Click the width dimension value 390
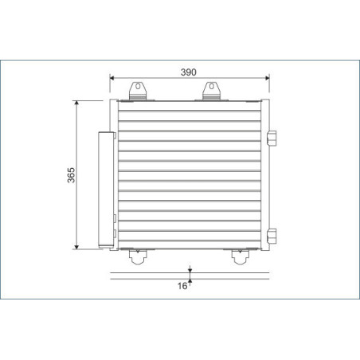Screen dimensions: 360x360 point(188,72)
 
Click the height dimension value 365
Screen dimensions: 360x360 point(71,174)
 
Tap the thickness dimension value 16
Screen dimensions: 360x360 point(182,285)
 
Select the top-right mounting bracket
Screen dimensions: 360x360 point(213,91)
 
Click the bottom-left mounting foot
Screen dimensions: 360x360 point(139,256)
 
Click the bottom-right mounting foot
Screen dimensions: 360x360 point(238,256)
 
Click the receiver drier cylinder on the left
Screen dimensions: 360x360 point(104,189)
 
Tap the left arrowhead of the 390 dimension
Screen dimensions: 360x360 point(113,78)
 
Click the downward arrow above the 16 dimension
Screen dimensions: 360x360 point(190,272)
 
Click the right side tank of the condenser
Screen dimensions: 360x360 point(264,174)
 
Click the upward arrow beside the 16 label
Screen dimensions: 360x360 point(190,284)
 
